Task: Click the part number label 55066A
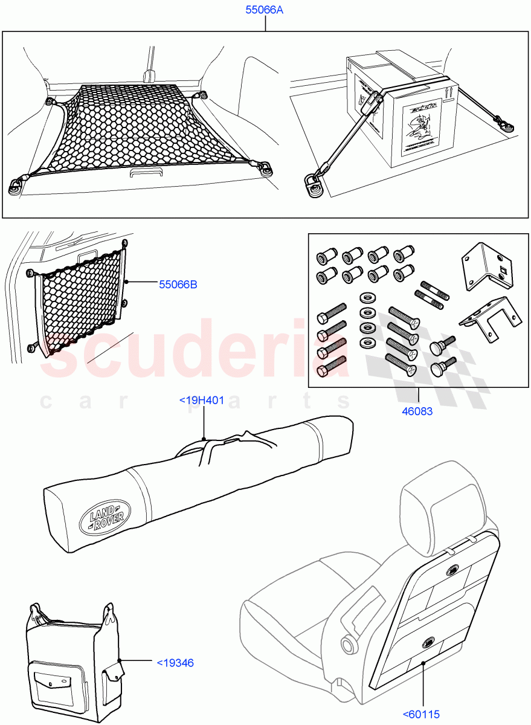point(264,10)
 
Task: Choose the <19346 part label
point(175,663)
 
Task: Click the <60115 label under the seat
point(422,713)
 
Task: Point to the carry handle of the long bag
point(230,442)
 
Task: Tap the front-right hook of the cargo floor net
point(264,167)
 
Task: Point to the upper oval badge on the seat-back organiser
point(453,570)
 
